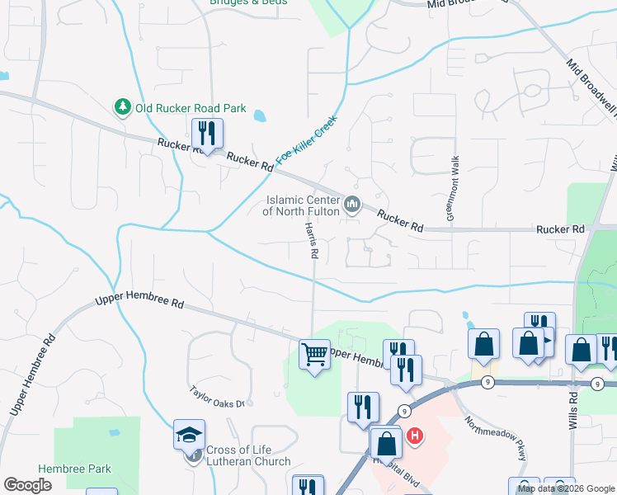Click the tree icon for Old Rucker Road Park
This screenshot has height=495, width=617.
tap(122, 107)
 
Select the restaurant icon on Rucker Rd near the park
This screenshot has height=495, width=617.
tap(207, 133)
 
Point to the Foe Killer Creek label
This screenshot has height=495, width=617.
tap(308, 139)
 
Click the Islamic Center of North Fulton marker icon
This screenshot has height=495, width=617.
tap(352, 203)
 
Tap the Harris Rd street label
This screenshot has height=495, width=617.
tap(311, 241)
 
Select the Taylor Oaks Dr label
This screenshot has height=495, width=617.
tap(217, 398)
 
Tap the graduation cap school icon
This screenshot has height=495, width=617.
tap(189, 433)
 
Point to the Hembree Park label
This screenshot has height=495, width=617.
tap(74, 469)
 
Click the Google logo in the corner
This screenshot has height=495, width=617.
tap(28, 485)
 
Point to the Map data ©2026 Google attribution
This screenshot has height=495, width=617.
tap(565, 488)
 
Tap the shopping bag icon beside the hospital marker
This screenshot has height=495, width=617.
tap(385, 443)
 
